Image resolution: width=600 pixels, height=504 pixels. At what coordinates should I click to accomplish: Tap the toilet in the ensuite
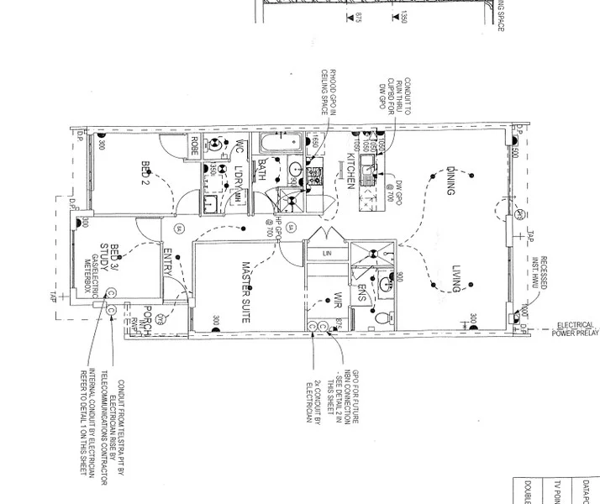(x=382, y=318)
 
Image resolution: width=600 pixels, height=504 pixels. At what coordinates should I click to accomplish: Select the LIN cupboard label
(x=326, y=253)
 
